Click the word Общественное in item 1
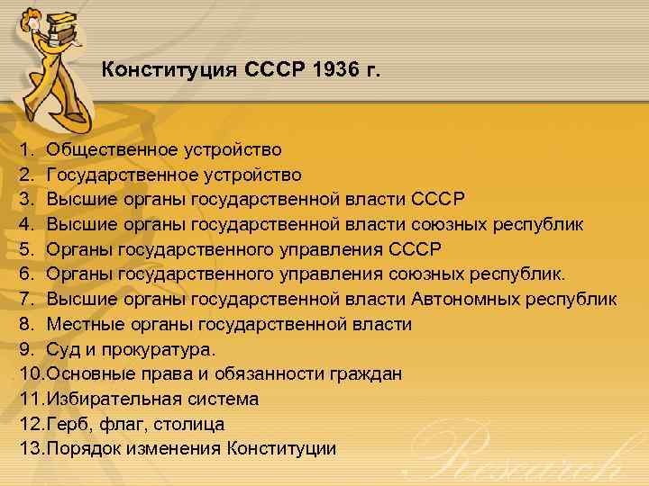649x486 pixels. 107,149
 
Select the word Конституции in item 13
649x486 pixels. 282,447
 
